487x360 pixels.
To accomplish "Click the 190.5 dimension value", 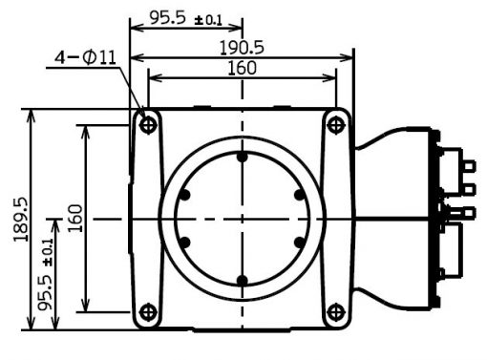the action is pos(242,48).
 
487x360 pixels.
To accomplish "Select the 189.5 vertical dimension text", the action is pos(21,220).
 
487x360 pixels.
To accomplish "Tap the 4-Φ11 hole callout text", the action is pos(85,57).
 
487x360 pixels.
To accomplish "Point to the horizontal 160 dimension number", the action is pos(242,68).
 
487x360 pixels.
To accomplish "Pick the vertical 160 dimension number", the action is pos(75,219).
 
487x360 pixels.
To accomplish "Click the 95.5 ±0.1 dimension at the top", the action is pos(185,18).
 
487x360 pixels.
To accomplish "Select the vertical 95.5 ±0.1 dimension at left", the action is pos(45,275).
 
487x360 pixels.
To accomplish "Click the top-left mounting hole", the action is pos(148,124).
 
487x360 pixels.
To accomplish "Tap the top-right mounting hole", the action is pos(335,124).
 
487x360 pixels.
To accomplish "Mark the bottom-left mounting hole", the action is pos(148,312).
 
